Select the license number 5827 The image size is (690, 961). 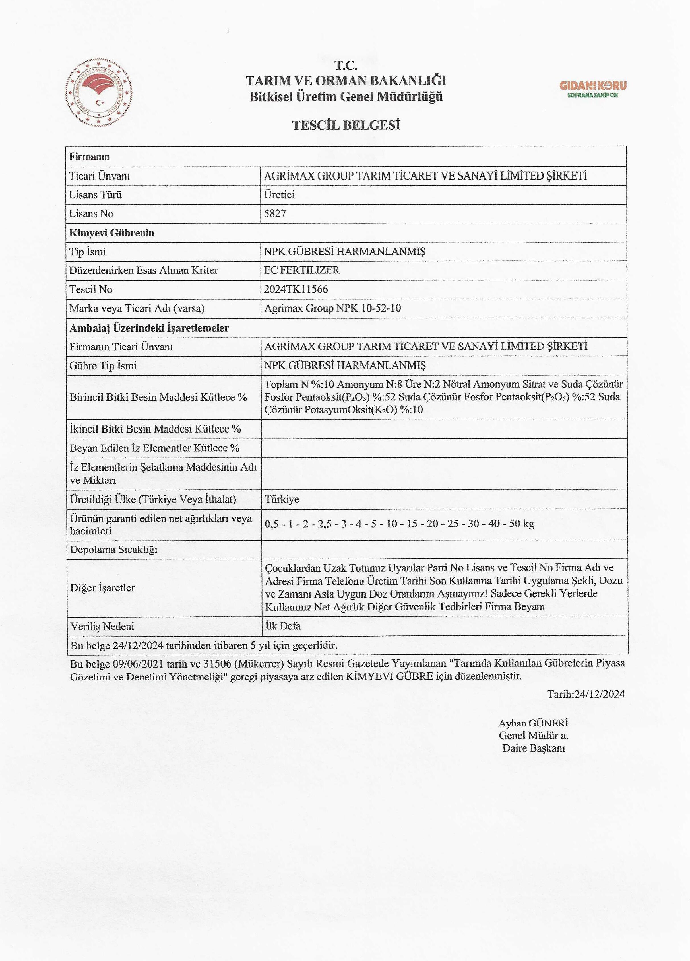click(x=275, y=213)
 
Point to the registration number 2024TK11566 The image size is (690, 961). click(x=296, y=289)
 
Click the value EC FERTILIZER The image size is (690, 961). click(x=301, y=270)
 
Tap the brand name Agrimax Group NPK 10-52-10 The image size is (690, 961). click(x=332, y=308)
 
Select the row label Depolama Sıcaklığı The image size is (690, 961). click(x=113, y=550)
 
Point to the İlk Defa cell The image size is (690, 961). click(x=283, y=626)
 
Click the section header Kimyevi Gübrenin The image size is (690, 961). click(x=112, y=233)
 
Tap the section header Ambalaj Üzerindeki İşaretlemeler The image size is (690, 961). click(x=149, y=328)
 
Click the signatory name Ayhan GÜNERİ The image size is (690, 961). click(x=533, y=723)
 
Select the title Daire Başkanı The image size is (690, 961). click(x=533, y=748)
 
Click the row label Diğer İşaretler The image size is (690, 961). click(x=102, y=588)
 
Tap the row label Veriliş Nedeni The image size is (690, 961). click(x=102, y=626)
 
